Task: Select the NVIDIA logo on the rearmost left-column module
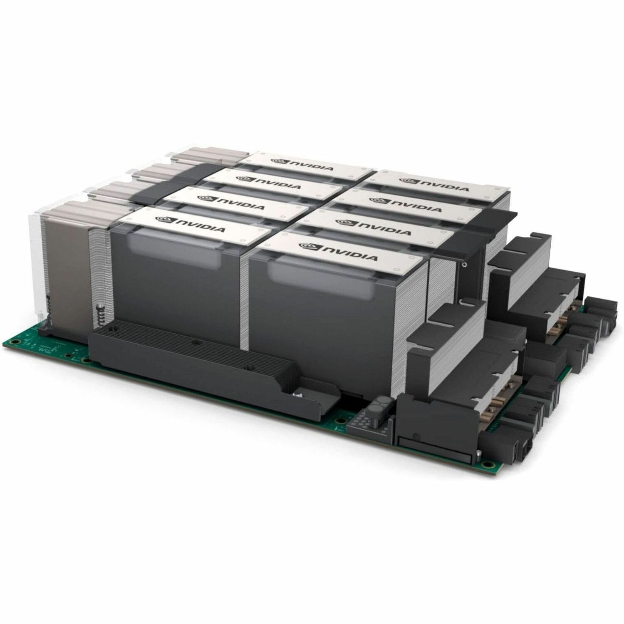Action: coord(302,164)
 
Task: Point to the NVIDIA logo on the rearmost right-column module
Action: coord(433,184)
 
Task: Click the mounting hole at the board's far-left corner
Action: coord(15,342)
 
